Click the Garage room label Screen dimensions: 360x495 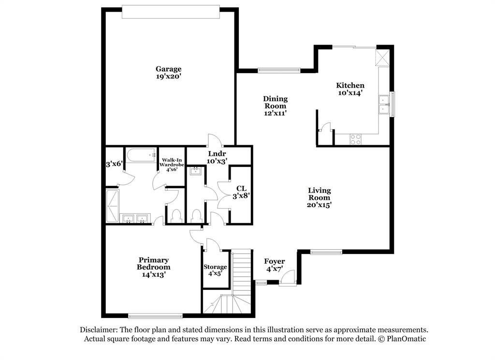(168, 69)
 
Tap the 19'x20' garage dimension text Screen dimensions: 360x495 (168, 76)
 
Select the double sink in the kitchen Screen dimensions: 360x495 (384, 105)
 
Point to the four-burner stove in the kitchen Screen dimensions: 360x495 (355, 139)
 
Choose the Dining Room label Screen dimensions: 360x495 (275, 102)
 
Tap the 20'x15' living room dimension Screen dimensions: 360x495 (320, 205)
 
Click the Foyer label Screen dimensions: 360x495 (275, 261)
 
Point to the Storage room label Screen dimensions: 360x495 (215, 267)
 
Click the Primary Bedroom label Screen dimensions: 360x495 (153, 263)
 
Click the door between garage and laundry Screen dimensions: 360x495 (214, 141)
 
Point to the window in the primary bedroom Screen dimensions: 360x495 (155, 316)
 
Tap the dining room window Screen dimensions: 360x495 (279, 70)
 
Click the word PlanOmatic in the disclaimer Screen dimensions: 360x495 (407, 339)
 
